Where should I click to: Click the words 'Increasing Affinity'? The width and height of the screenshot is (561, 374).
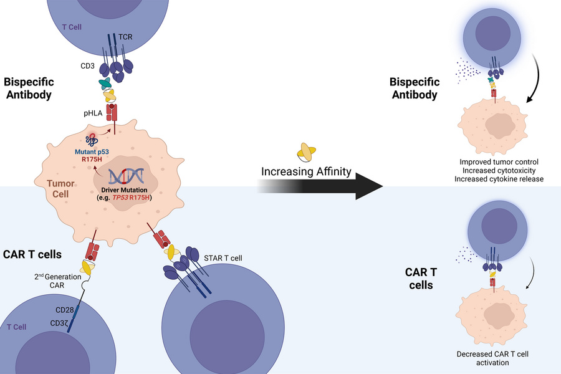coord(305,171)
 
